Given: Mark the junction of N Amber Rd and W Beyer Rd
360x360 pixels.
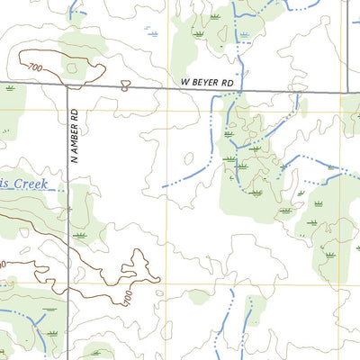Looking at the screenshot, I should (68, 86).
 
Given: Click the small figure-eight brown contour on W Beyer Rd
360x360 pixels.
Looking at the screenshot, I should (125, 86).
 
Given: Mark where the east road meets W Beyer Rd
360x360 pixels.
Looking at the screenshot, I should (347, 92).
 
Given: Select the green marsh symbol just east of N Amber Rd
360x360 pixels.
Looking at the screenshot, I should (82, 235).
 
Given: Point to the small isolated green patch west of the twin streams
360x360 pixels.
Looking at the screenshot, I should (199, 296).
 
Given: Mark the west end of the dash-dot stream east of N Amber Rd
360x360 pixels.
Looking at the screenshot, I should (164, 187).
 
